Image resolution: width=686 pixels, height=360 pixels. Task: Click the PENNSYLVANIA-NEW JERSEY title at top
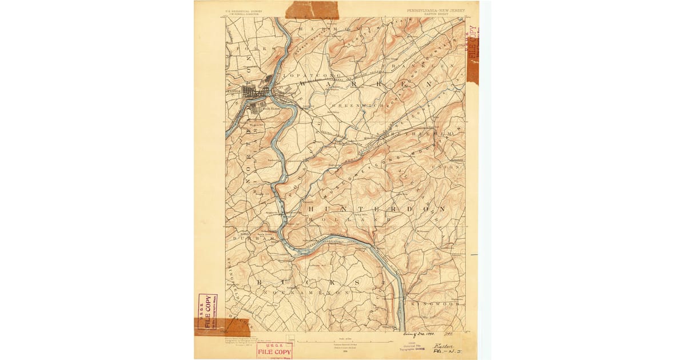[436, 10]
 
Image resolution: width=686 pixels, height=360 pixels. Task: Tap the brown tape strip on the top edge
[312, 10]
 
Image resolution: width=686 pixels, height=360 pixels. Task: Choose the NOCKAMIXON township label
[309, 292]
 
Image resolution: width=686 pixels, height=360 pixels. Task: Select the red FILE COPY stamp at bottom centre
[274, 350]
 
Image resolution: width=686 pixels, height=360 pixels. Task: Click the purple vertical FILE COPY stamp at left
[208, 311]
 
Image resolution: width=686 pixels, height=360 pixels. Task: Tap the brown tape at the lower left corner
[223, 327]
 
